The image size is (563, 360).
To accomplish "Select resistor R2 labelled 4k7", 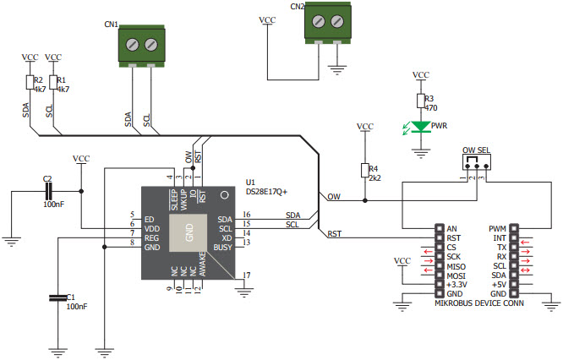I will tap(29, 82).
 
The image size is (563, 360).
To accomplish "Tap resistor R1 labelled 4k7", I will tap(52, 82).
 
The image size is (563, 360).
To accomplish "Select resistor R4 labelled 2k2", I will tap(364, 171).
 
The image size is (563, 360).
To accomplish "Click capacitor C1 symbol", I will tap(57, 297).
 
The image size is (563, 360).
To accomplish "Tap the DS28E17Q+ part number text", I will tap(266, 192).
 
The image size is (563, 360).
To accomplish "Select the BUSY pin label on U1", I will tap(222, 247).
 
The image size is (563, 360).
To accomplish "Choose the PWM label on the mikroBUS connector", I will tap(499, 228).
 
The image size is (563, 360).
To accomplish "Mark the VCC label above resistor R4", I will tap(364, 127).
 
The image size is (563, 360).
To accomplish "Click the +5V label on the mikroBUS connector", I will tap(500, 284).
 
